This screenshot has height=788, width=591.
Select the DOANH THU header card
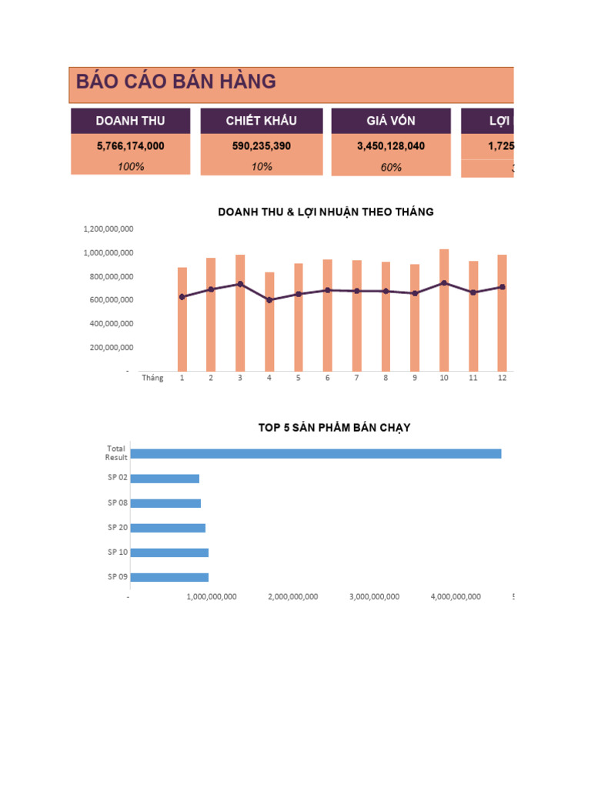(x=130, y=121)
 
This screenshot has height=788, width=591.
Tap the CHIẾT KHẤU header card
(x=261, y=121)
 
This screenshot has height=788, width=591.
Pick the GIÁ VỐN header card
(x=391, y=121)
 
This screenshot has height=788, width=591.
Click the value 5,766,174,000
(x=130, y=145)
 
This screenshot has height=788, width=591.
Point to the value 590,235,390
(x=261, y=145)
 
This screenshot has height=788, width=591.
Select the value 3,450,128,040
(x=391, y=145)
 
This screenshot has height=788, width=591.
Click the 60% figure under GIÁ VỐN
(x=391, y=167)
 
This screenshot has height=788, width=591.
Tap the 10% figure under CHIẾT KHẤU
(x=261, y=166)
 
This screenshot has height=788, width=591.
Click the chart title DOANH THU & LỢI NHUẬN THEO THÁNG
(x=326, y=212)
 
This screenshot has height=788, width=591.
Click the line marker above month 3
(x=240, y=284)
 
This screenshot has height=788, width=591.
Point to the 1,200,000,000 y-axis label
(x=109, y=229)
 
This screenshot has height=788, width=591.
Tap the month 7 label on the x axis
(x=356, y=378)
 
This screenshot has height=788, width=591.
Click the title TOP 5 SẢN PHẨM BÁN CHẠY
(x=334, y=428)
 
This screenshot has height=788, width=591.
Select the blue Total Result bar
(x=316, y=453)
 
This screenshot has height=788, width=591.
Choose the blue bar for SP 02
(x=165, y=479)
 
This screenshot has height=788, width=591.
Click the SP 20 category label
(x=118, y=527)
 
